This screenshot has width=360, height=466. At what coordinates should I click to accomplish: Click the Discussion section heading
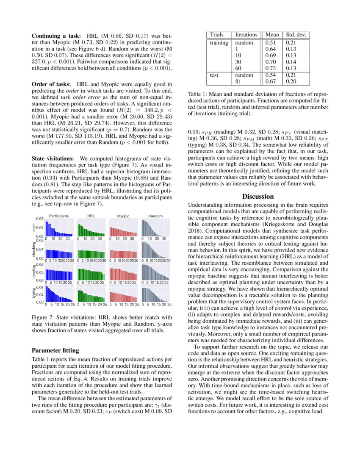coord(258,197)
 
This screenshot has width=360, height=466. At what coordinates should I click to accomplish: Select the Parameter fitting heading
coord(55,350)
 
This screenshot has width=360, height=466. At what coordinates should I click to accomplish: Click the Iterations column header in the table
coord(246,35)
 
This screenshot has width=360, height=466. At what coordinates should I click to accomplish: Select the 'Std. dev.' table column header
coord(296,35)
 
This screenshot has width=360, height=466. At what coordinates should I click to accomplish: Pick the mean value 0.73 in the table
coord(271,68)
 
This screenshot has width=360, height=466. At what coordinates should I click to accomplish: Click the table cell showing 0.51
coord(271,43)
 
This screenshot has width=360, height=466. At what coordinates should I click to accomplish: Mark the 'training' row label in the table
coord(219,43)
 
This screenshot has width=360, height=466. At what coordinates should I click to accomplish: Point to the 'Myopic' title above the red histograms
coord(123,216)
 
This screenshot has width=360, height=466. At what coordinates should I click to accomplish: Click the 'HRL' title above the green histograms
coord(91,216)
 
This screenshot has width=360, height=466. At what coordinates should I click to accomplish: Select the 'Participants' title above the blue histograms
coord(58,216)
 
